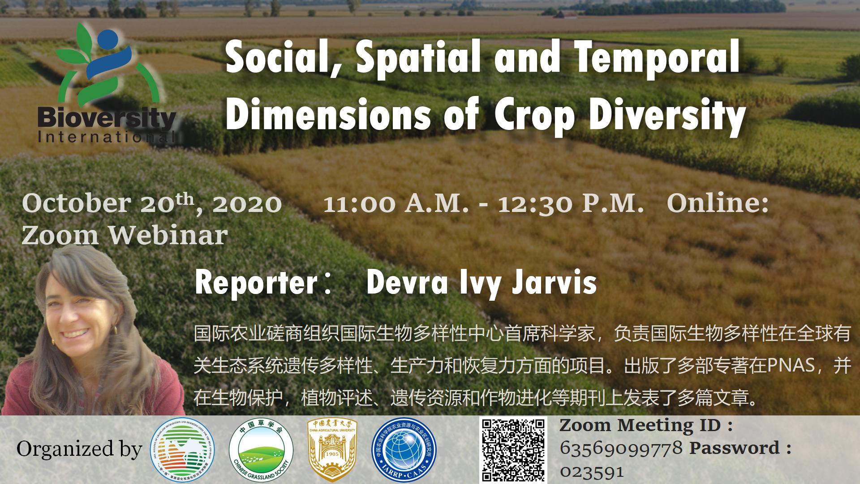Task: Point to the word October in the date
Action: [75, 203]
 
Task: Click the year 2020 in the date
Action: [247, 203]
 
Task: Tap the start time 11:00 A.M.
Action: [396, 203]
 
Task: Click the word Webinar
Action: [168, 235]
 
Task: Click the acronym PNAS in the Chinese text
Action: [791, 366]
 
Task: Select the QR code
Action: [513, 449]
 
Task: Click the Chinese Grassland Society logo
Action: [261, 449]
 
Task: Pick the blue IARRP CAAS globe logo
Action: [404, 449]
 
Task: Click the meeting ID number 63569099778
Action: [621, 447]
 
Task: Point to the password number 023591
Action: [592, 471]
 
